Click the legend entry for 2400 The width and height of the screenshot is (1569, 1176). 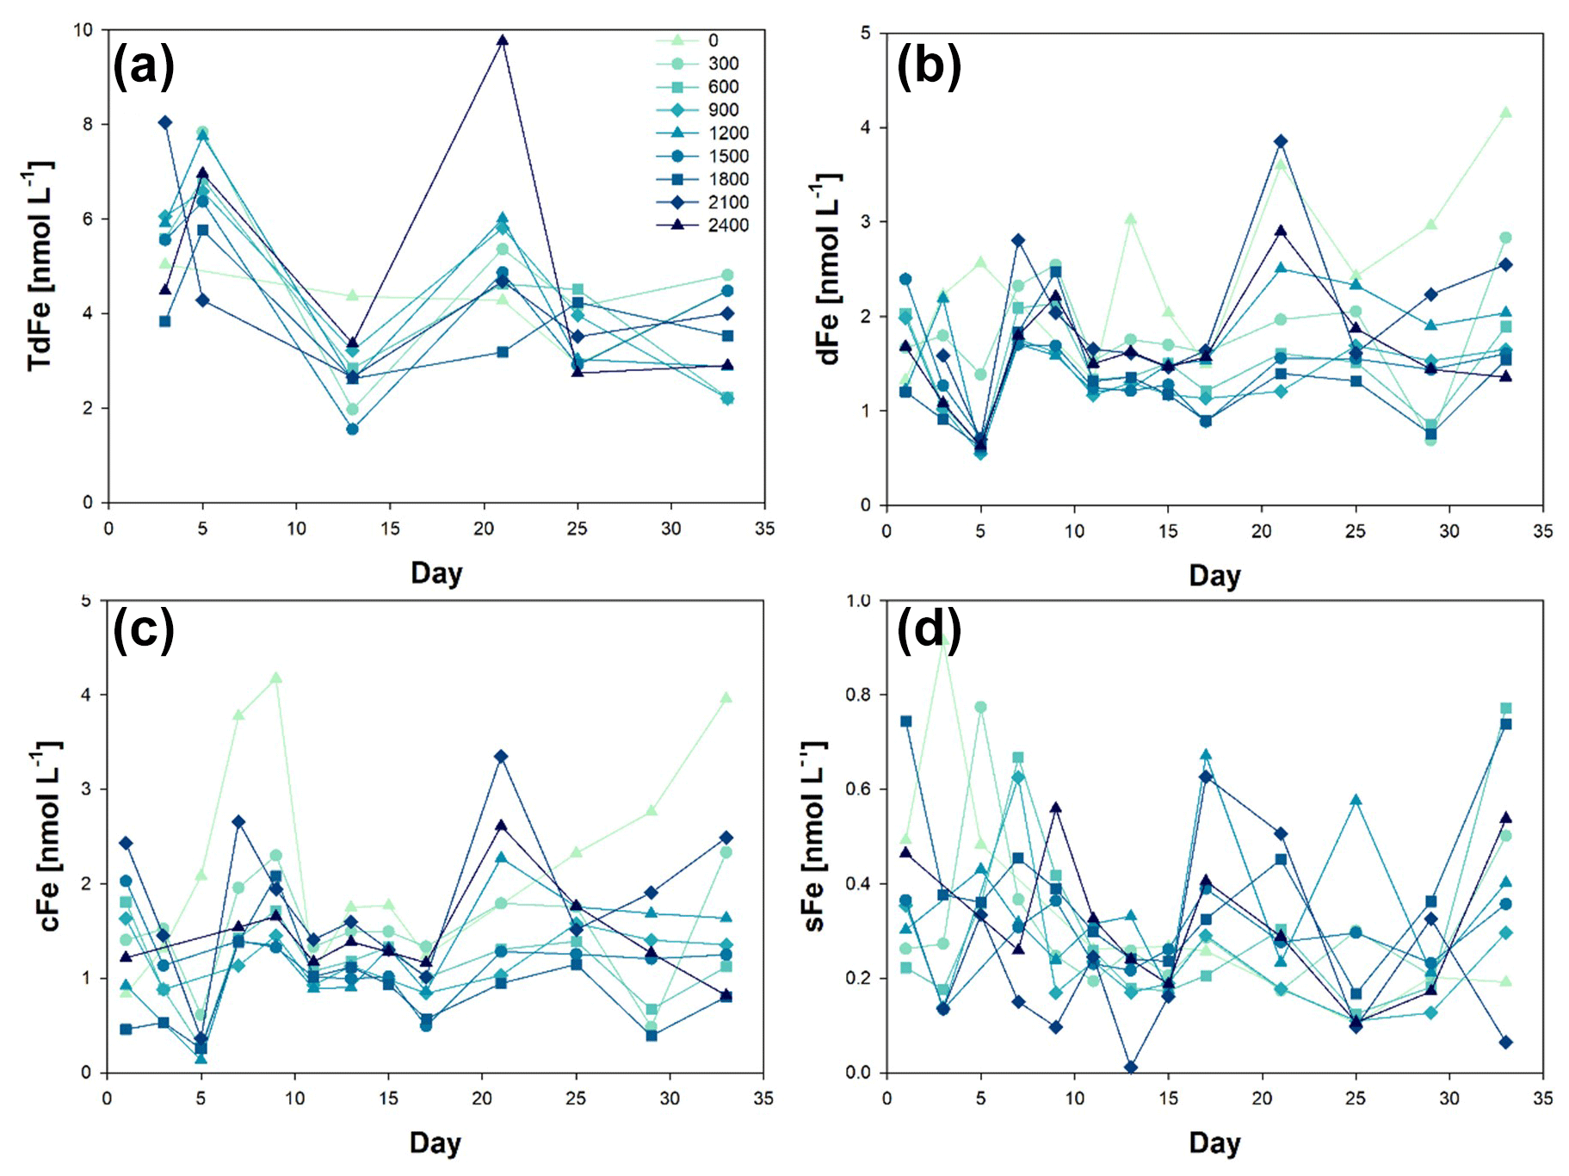(728, 226)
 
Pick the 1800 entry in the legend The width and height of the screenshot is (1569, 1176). (728, 179)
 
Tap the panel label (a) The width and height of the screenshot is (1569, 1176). (144, 65)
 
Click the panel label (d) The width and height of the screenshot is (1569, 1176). (929, 629)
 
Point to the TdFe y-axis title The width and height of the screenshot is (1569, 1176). (40, 266)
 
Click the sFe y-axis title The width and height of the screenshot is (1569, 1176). (814, 836)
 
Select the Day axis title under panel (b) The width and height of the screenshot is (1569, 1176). (1214, 575)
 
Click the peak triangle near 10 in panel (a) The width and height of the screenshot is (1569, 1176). (503, 40)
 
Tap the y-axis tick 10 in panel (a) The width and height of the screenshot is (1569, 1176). (83, 30)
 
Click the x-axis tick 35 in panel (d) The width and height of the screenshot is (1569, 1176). (1542, 1099)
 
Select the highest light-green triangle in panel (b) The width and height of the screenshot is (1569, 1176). (1505, 113)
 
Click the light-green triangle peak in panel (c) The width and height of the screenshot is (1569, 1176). (276, 678)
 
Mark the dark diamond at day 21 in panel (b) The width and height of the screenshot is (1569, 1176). (1281, 141)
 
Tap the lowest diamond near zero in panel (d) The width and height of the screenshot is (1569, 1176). (1131, 1068)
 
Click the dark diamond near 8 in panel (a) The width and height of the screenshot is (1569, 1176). (165, 122)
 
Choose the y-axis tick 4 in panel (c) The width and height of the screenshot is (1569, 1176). (86, 695)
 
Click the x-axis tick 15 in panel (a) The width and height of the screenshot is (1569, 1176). (390, 529)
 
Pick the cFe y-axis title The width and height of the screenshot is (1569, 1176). (49, 836)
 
